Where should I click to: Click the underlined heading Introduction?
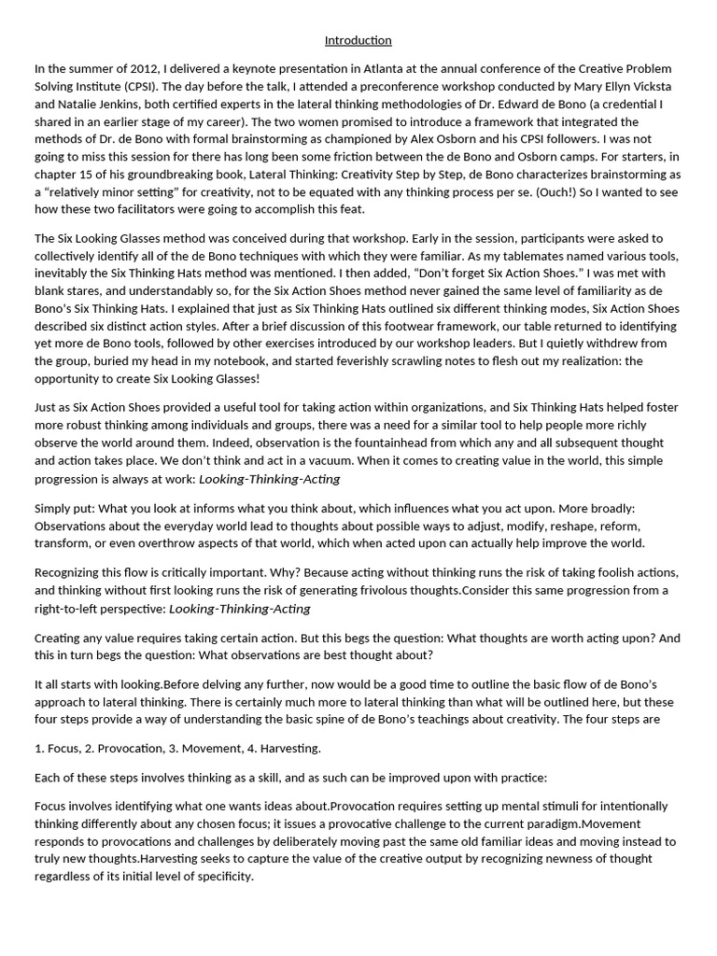click(358, 40)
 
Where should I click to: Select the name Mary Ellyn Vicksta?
click(620, 87)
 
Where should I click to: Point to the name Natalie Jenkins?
click(95, 105)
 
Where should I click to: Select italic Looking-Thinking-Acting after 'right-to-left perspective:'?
click(240, 609)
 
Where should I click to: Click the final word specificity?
click(218, 877)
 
